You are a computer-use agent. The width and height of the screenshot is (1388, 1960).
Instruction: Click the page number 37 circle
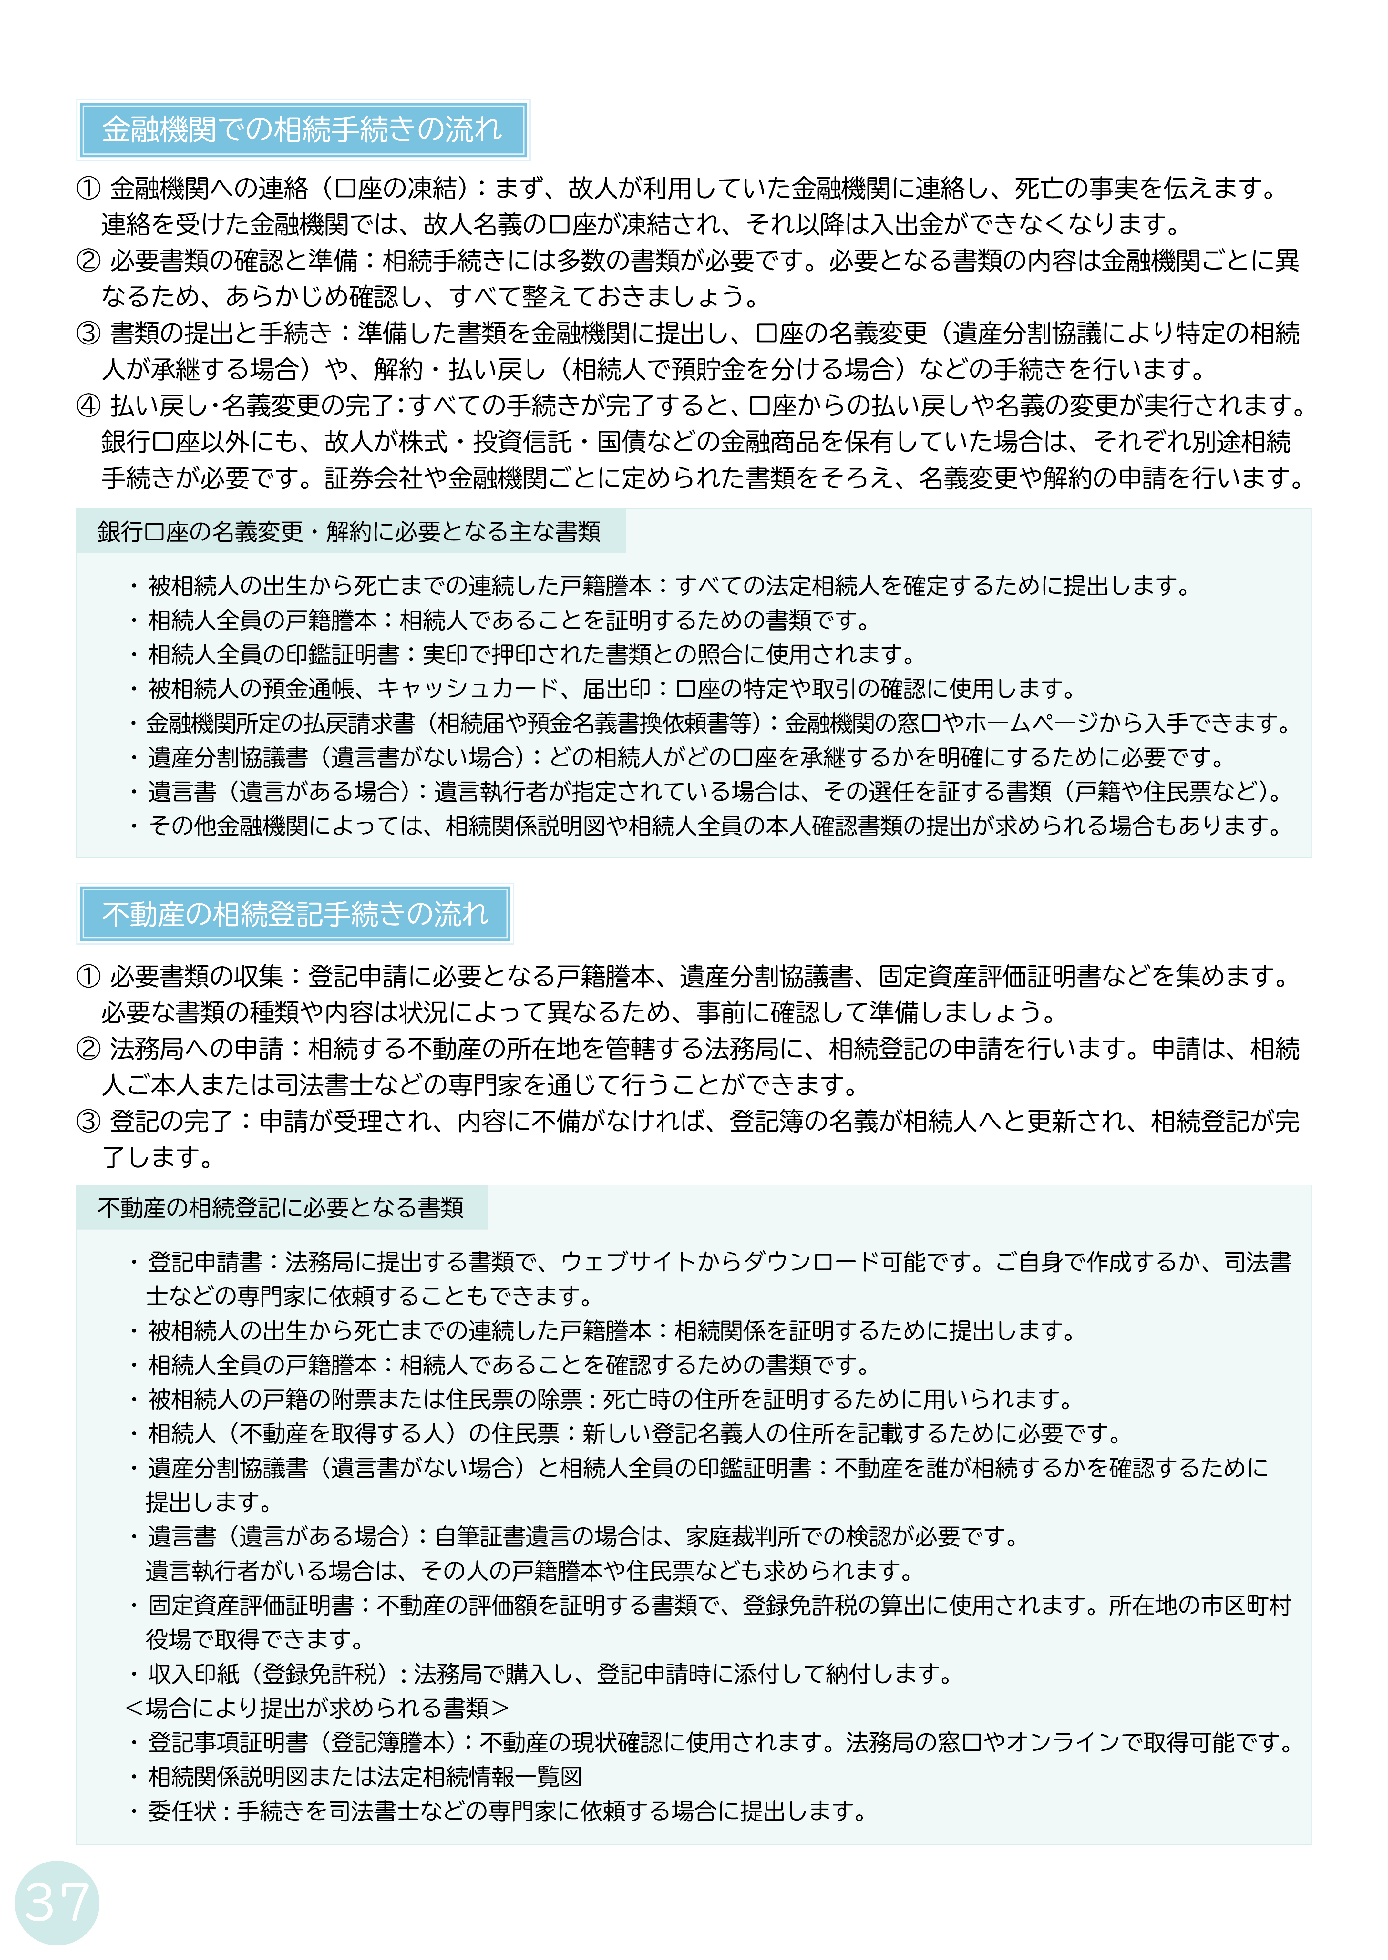[x=57, y=1902]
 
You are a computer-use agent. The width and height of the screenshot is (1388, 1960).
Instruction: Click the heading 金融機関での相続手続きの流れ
[x=302, y=130]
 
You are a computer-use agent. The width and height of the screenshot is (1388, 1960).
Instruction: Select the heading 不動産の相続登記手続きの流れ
[x=295, y=914]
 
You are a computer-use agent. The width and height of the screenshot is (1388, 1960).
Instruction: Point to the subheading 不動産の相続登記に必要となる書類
[x=280, y=1207]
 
